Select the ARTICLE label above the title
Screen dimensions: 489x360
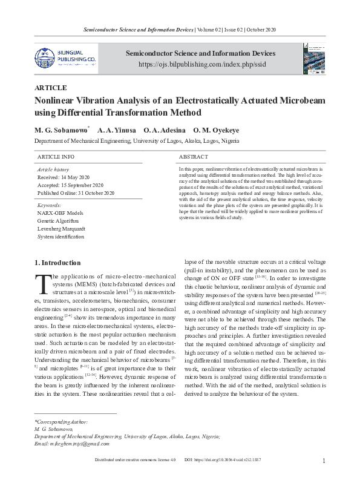pyautogui.click(x=51, y=88)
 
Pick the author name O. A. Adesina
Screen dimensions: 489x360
pyautogui.click(x=164, y=130)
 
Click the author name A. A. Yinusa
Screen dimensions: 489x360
pyautogui.click(x=116, y=130)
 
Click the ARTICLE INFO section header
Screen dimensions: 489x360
pyautogui.click(x=56, y=157)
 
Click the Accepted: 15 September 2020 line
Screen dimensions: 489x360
pyautogui.click(x=71, y=185)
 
